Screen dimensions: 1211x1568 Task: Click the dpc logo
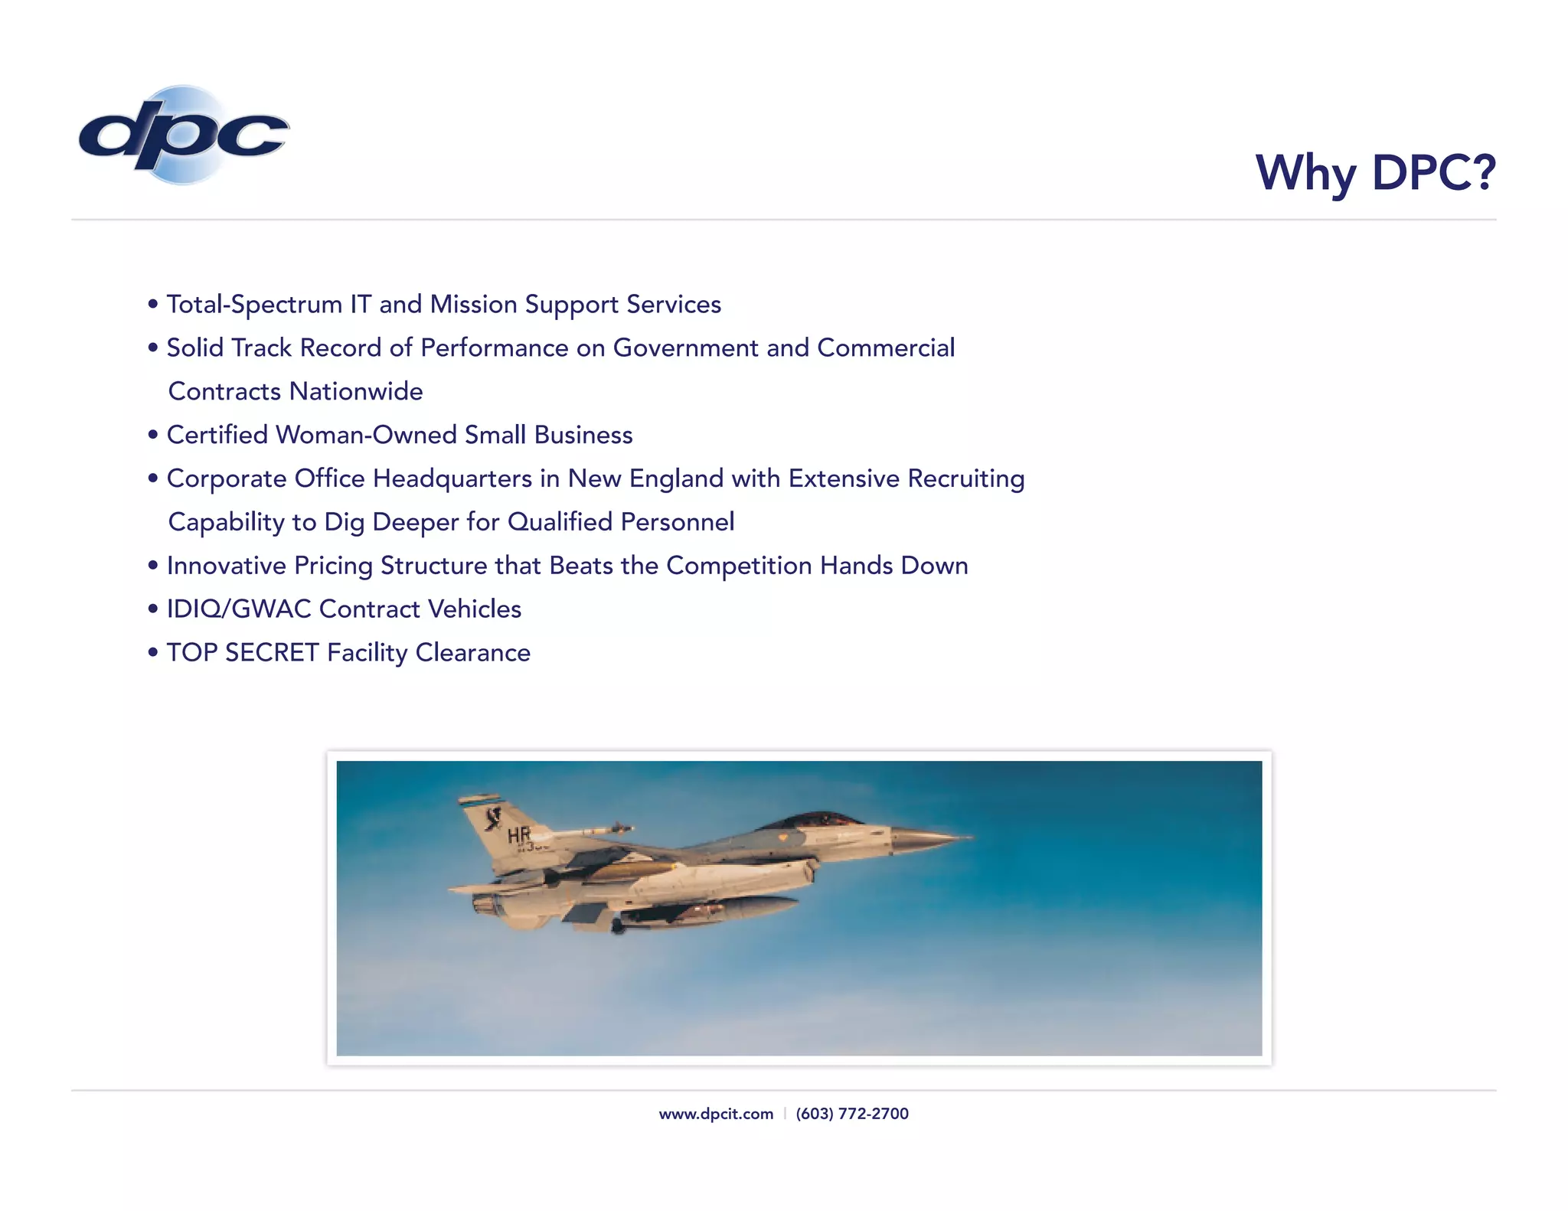[184, 135]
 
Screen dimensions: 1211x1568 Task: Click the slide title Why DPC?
[1375, 172]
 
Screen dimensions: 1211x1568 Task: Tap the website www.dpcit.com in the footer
[716, 1114]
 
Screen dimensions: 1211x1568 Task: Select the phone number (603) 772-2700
[852, 1114]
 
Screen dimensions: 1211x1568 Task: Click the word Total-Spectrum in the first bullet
[254, 305]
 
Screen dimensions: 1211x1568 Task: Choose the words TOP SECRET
[243, 653]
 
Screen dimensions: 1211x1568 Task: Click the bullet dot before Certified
[153, 435]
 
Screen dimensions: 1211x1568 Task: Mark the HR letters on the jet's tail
[518, 834]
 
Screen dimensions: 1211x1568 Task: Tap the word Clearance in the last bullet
[472, 653]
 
